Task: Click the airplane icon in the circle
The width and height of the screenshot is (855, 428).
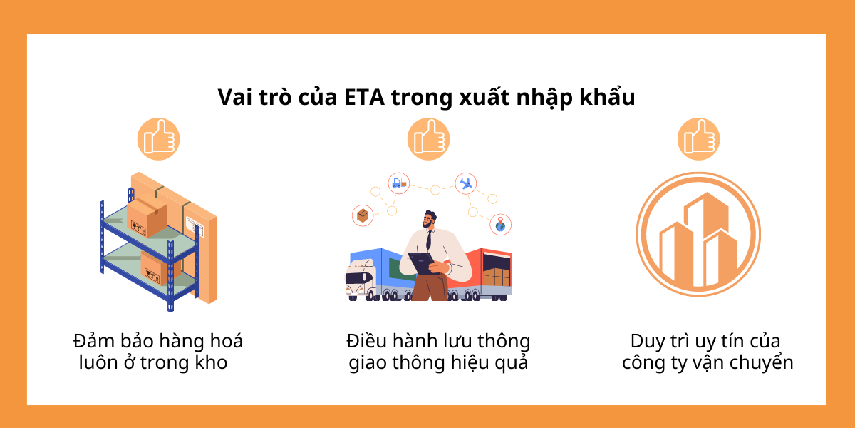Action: click(466, 183)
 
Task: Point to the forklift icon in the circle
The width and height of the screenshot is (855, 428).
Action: click(398, 183)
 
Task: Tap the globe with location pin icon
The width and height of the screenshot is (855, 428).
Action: click(501, 225)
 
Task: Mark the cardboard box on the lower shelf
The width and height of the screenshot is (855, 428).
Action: click(153, 267)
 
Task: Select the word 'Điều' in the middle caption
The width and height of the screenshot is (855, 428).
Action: click(368, 340)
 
